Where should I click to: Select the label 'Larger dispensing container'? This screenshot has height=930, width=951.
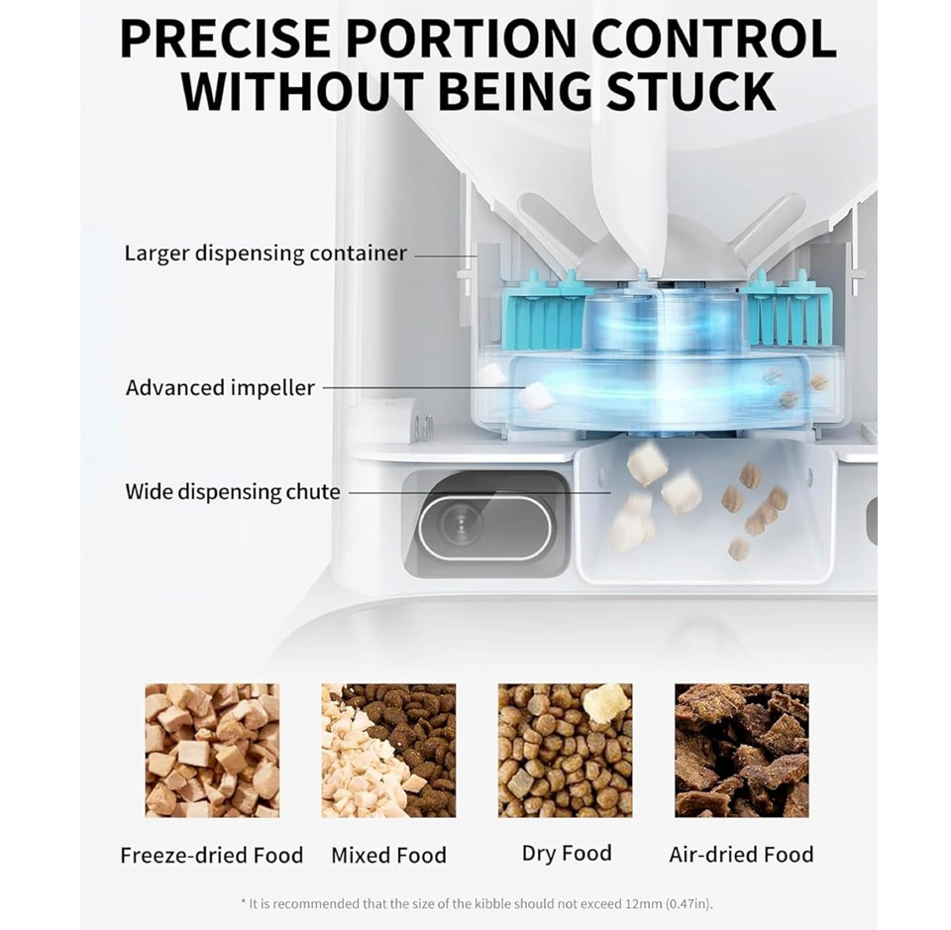(265, 254)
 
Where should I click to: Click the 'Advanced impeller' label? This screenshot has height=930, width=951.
(220, 387)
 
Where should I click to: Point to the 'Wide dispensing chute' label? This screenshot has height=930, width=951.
(232, 491)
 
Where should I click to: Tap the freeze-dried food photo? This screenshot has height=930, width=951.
(212, 751)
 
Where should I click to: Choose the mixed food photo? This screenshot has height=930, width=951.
(388, 751)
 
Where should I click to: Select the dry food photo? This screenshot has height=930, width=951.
(566, 751)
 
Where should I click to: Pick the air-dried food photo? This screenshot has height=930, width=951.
(742, 751)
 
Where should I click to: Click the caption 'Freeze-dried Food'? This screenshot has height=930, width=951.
(212, 856)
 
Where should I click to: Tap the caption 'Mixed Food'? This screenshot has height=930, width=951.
(388, 856)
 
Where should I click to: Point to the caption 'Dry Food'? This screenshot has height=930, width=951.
(567, 854)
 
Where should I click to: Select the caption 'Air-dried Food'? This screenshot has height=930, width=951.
(741, 855)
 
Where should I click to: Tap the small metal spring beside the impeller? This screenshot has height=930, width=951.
(428, 428)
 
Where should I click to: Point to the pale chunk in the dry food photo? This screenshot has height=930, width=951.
(606, 703)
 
